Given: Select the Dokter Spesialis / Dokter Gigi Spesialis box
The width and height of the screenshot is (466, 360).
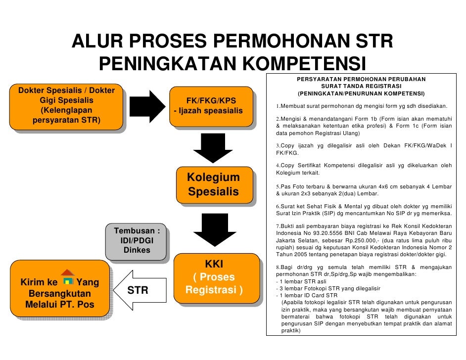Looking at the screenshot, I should (66, 106).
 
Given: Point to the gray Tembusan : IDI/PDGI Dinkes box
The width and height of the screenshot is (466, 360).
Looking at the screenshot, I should (137, 241).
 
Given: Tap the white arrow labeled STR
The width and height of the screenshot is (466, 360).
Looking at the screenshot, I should (140, 290).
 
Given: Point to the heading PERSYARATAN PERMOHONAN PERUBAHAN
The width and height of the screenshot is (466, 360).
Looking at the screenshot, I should (361, 79).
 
